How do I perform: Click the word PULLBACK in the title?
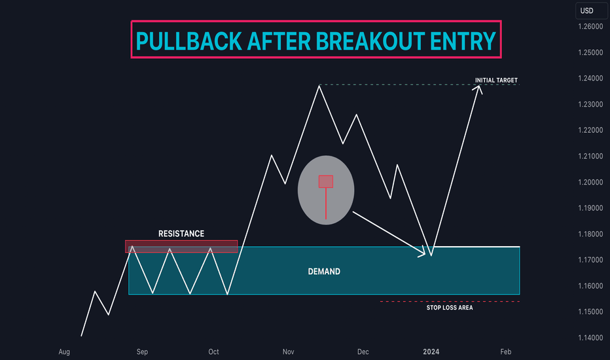[189, 41]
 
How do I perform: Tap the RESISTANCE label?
[181, 234]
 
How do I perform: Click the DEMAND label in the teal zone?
[324, 271]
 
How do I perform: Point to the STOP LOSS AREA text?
[450, 308]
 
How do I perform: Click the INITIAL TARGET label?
[496, 80]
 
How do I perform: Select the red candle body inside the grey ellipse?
[326, 181]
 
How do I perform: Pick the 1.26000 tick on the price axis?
[590, 26]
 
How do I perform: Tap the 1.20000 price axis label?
[590, 182]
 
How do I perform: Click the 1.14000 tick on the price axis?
[590, 338]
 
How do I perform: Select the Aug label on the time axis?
[64, 352]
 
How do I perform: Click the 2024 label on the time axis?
[431, 352]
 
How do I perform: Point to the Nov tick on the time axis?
[288, 352]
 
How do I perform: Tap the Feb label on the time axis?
[506, 352]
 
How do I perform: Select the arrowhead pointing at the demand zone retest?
[422, 253]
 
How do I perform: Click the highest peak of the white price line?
[319, 86]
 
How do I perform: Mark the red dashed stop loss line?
[450, 301]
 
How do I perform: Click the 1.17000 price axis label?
[590, 260]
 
